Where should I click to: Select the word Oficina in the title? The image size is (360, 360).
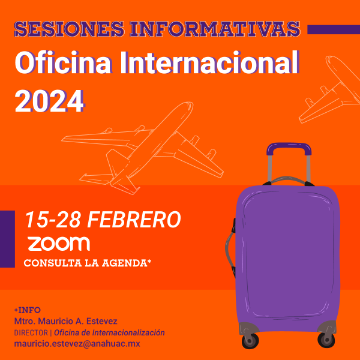click(x=57, y=63)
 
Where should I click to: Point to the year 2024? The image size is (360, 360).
click(x=49, y=100)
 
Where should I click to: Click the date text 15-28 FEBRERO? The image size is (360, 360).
click(x=103, y=220)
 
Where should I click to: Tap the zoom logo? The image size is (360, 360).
click(x=59, y=244)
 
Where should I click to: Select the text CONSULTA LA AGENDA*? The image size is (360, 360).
click(x=87, y=263)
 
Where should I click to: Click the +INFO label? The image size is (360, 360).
click(x=27, y=310)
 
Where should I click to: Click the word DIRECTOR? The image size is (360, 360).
click(x=30, y=332)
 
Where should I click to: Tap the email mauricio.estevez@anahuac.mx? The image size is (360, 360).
click(x=77, y=344)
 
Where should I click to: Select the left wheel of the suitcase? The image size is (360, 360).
click(x=250, y=340)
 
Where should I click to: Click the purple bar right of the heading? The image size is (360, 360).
click(x=333, y=29)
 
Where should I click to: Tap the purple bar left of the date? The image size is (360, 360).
click(x=7, y=239)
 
